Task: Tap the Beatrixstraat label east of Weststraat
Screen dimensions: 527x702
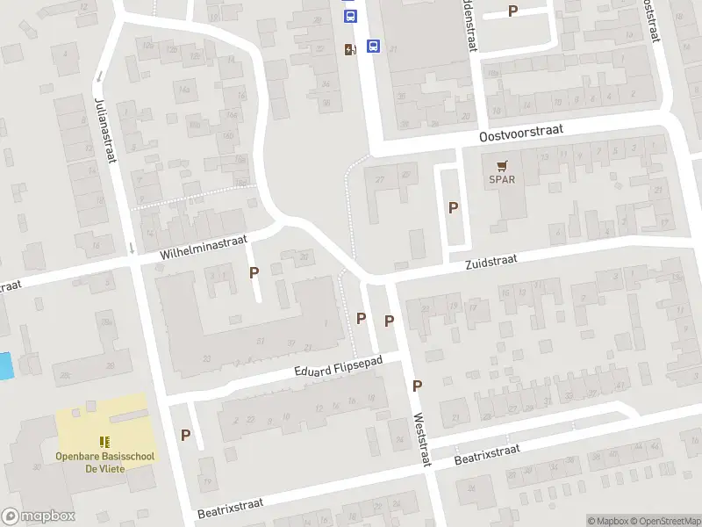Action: click(487, 454)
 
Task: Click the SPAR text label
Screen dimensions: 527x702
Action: click(502, 181)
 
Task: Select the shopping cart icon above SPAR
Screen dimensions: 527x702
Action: click(502, 165)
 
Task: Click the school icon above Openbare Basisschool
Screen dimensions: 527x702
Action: click(104, 442)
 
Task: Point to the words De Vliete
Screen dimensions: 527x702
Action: click(104, 469)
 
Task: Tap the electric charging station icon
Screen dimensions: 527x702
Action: click(350, 49)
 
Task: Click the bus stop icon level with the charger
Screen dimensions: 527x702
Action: click(373, 47)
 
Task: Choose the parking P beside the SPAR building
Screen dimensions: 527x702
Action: click(454, 208)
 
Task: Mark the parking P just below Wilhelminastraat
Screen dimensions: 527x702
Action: click(254, 272)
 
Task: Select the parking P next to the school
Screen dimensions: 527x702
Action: click(186, 434)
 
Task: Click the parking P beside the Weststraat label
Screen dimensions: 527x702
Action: click(418, 386)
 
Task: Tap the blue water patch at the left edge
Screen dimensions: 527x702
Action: click(6, 365)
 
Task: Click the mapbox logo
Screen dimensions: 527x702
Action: click(39, 516)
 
